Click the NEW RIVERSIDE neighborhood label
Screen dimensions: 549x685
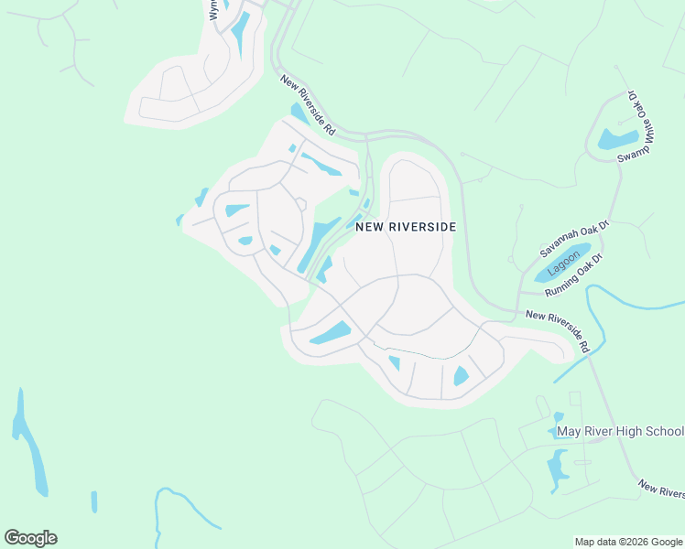[405, 226]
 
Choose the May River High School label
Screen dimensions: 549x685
[620, 432]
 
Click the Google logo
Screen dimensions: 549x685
[30, 538]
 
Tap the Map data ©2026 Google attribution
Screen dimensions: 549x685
[628, 542]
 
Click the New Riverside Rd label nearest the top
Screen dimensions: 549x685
[309, 105]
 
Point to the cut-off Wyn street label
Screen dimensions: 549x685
[213, 10]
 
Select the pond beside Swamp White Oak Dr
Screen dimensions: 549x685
[617, 139]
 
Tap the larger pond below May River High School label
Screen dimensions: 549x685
[557, 468]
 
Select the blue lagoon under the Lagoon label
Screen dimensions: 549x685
[556, 265]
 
